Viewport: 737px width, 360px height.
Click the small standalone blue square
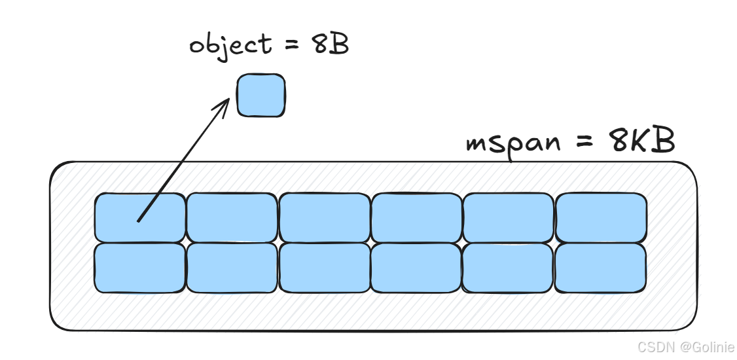click(261, 96)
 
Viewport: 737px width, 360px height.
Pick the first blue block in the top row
click(139, 217)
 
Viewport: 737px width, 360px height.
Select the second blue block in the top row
click(232, 217)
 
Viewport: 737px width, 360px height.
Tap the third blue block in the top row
click(324, 217)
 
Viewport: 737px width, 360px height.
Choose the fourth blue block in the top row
click(416, 217)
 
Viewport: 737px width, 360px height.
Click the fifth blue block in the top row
click(508, 217)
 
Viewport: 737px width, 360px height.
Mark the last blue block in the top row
click(601, 217)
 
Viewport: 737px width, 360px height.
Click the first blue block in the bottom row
click(139, 268)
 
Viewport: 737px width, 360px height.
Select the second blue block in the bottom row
click(232, 268)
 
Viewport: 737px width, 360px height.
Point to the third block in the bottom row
click(324, 268)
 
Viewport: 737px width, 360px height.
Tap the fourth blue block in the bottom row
click(416, 268)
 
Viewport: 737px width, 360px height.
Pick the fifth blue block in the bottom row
click(508, 268)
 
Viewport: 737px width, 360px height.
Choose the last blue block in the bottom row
click(601, 268)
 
